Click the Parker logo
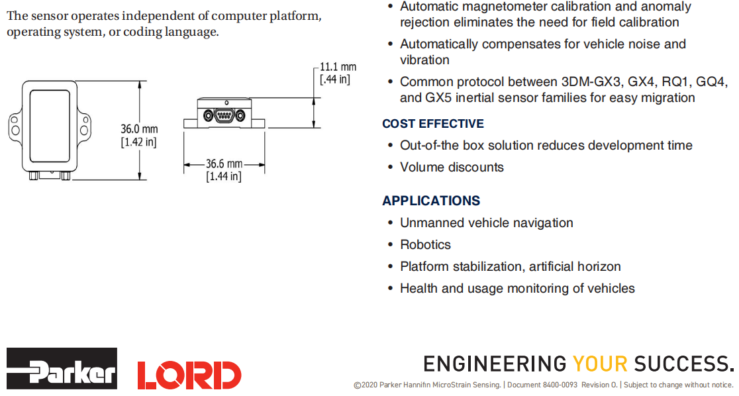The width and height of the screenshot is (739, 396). click(62, 368)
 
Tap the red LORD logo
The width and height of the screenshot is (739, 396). click(189, 375)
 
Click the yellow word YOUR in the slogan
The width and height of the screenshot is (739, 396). click(600, 364)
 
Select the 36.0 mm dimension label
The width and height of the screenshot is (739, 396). click(139, 128)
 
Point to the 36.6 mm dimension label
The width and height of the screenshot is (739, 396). click(224, 164)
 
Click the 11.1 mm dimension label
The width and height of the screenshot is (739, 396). click(338, 67)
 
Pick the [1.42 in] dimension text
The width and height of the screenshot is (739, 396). click(138, 142)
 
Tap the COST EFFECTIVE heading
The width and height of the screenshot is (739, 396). click(433, 124)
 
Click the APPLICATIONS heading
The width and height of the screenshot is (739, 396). click(431, 201)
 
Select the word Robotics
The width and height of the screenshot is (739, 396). click(425, 244)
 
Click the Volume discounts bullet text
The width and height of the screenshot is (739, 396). click(452, 167)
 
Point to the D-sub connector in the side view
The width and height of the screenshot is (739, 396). click(224, 115)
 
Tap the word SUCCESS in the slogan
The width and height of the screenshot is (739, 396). click(683, 364)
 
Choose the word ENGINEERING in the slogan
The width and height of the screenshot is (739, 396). click(495, 364)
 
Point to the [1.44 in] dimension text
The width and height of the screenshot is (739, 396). click(224, 176)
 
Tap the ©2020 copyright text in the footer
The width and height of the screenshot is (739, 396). click(366, 385)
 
